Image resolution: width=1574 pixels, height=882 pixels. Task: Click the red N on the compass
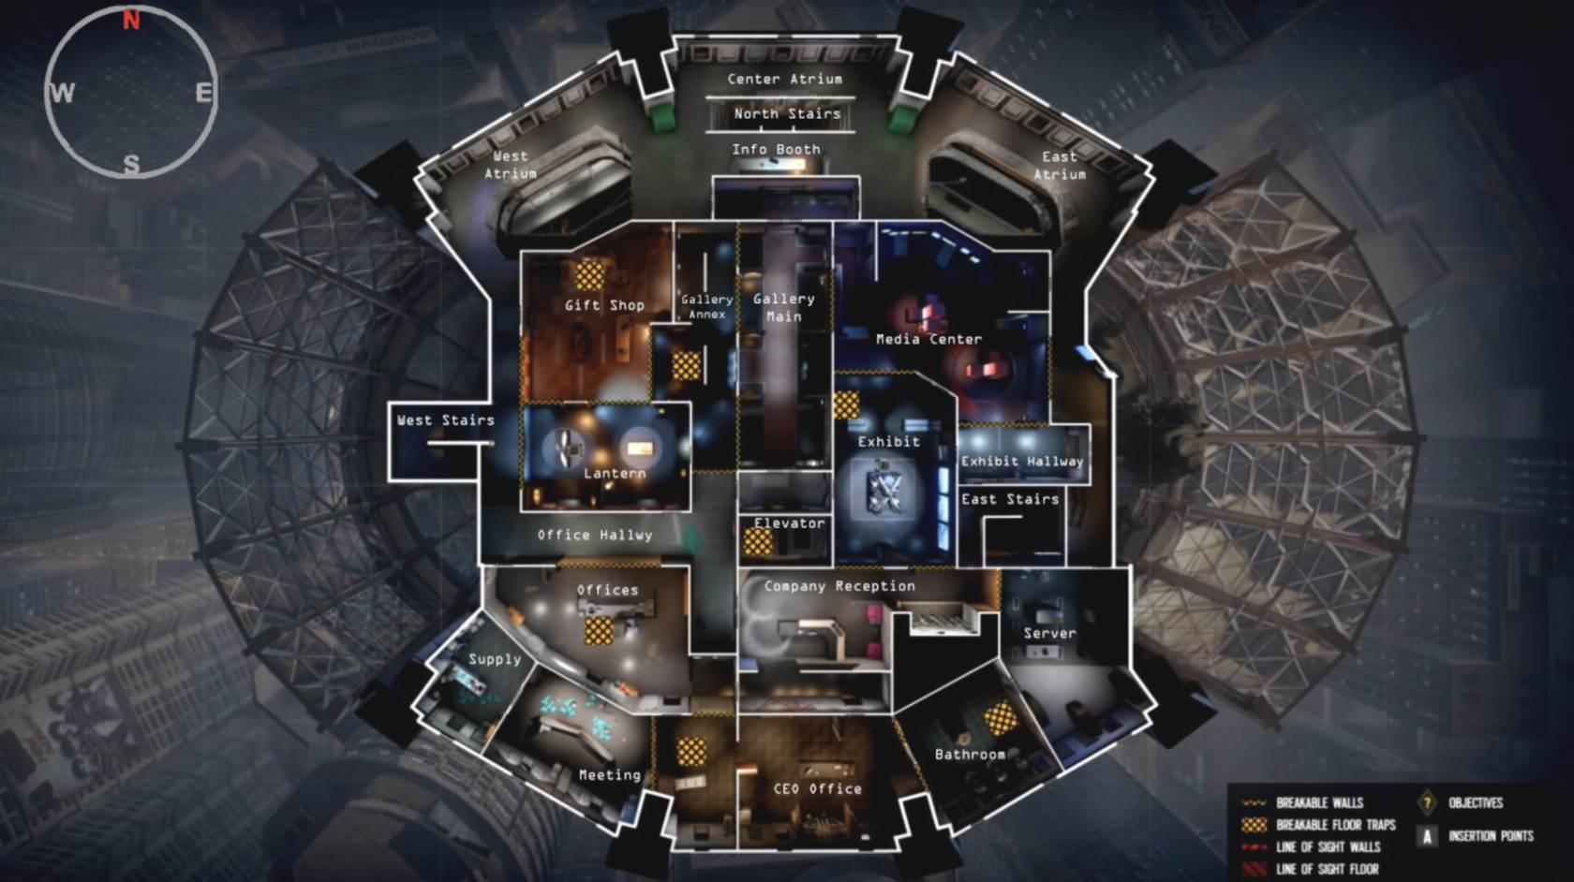[131, 20]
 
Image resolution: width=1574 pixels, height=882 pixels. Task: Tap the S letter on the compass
[132, 165]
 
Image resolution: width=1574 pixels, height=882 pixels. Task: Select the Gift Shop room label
[604, 305]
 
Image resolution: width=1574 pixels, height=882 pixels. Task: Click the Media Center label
[928, 339]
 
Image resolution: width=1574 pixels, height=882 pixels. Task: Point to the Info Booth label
[776, 150]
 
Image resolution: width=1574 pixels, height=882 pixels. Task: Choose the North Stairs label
[787, 114]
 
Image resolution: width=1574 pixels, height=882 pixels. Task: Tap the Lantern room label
[615, 474]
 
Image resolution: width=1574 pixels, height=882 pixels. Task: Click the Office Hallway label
[595, 536]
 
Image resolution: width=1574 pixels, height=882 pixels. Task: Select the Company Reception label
[839, 586]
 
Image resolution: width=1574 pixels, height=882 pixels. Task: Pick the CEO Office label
[817, 789]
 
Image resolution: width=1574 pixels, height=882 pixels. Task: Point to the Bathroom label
[970, 755]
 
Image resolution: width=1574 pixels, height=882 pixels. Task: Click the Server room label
[1049, 634]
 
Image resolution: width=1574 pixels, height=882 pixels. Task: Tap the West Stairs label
[445, 420]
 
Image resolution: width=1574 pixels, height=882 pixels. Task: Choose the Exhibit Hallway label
[1022, 462]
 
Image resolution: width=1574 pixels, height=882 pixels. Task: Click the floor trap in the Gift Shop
[589, 275]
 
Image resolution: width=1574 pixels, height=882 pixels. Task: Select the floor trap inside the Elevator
[758, 542]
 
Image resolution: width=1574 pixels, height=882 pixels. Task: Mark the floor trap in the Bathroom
[1000, 718]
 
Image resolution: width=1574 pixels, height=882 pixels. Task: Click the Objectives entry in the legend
[1475, 803]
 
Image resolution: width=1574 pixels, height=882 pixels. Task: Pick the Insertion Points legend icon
[1427, 836]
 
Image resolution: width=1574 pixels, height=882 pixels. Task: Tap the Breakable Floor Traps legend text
[1335, 825]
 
